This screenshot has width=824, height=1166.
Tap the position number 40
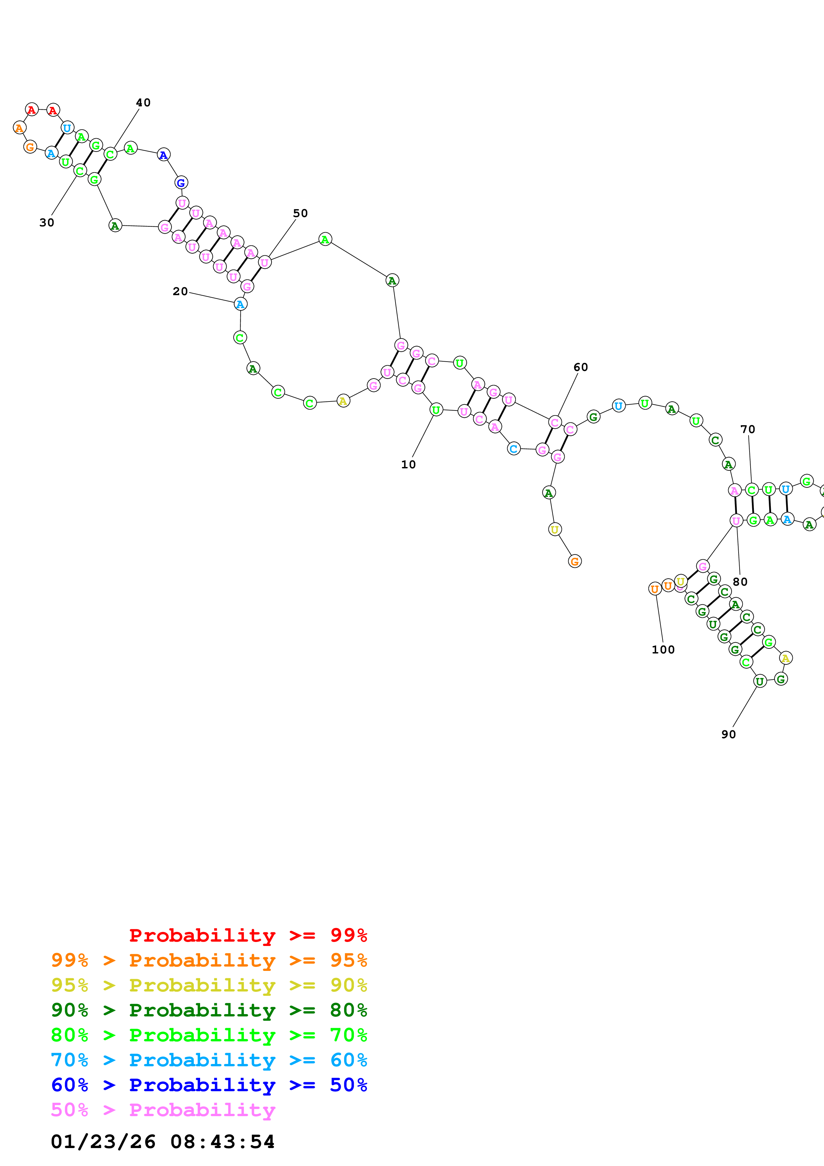click(x=143, y=103)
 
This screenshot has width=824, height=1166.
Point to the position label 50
click(x=300, y=213)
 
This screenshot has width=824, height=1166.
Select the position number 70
click(x=747, y=429)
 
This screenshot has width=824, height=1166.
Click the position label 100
click(x=663, y=649)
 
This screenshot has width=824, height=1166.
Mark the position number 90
click(x=729, y=734)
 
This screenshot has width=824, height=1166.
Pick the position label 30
click(x=47, y=222)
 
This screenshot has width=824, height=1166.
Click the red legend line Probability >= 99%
click(x=248, y=935)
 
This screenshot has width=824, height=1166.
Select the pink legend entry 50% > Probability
click(x=163, y=1110)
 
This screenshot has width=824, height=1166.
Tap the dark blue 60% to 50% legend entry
click(x=209, y=1085)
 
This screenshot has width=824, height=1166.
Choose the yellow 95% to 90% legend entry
click(x=209, y=985)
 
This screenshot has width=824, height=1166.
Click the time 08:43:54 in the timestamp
click(x=222, y=1142)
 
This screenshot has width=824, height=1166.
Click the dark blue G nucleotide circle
click(x=181, y=182)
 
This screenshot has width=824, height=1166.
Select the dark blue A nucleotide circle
click(x=164, y=155)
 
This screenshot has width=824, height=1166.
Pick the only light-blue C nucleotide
click(x=514, y=448)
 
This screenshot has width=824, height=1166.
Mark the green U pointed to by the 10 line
click(x=436, y=409)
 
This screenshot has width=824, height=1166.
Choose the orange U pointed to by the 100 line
click(x=655, y=589)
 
